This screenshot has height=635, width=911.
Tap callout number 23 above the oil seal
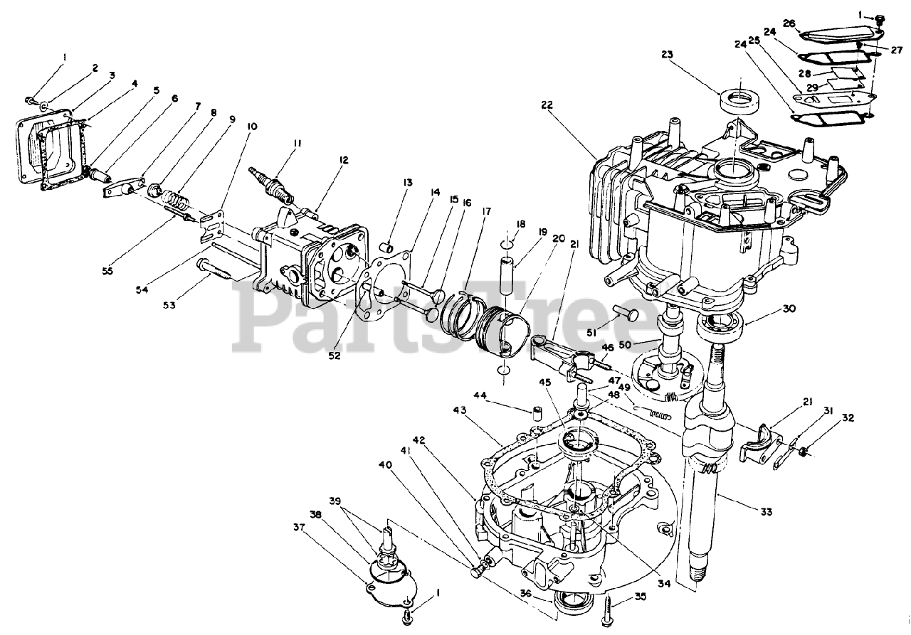(x=666, y=53)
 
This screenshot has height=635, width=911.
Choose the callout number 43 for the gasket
(x=460, y=411)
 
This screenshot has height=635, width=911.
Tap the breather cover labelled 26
(x=838, y=31)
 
